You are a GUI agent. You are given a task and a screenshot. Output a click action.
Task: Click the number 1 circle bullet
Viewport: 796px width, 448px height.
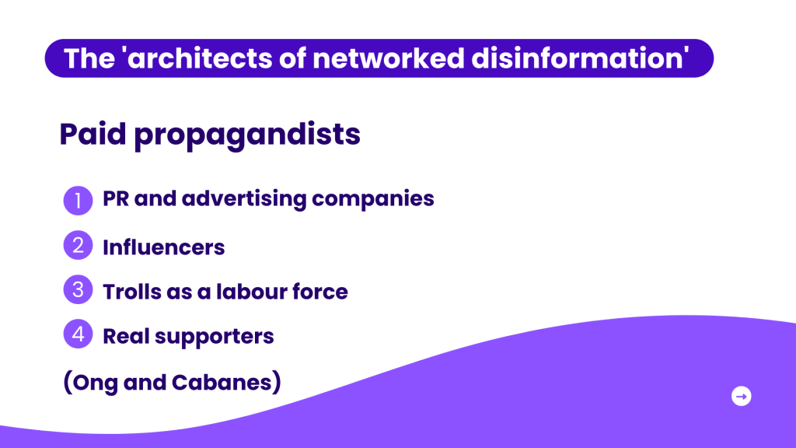tap(79, 201)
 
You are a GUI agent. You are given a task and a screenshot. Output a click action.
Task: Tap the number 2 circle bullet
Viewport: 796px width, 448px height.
tap(79, 245)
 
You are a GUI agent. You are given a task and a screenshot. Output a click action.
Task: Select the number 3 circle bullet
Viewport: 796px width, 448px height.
tap(79, 289)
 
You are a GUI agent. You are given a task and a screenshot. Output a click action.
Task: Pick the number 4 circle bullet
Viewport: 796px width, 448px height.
tap(79, 334)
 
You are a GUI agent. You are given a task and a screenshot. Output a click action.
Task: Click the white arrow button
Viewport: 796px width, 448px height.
tap(741, 396)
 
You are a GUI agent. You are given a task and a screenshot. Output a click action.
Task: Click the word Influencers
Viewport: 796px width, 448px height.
tap(163, 247)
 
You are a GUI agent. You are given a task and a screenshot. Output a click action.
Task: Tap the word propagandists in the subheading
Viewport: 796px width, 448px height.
tap(247, 135)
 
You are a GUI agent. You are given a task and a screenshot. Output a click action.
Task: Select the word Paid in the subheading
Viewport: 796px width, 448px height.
tap(93, 134)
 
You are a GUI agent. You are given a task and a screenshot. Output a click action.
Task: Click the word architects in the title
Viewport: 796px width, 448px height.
tap(199, 58)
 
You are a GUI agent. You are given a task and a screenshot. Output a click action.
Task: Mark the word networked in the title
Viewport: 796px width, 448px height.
tap(389, 58)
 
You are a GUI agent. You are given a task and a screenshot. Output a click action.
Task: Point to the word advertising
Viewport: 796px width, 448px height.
tap(244, 199)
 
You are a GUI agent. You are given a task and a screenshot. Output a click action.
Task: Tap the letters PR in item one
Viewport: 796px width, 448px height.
tap(116, 198)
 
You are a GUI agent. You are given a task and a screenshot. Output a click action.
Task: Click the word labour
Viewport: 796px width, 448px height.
tap(246, 292)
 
